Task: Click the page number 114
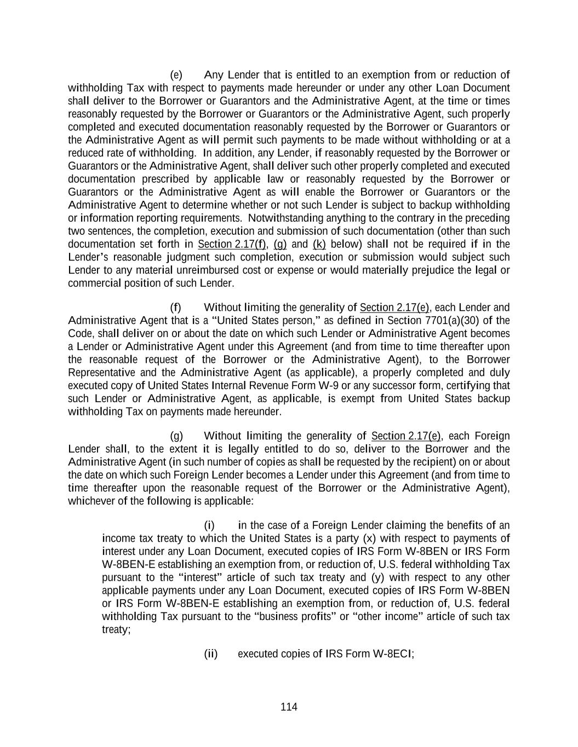tap(289, 707)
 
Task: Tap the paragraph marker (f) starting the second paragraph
tap(175, 308)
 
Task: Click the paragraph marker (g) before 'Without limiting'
tap(176, 436)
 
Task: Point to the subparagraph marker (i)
tap(209, 526)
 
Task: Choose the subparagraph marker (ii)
tap(211, 654)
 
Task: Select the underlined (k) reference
tap(319, 244)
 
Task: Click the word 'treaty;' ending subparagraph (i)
tap(116, 630)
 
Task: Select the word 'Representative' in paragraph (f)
tap(101, 373)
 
